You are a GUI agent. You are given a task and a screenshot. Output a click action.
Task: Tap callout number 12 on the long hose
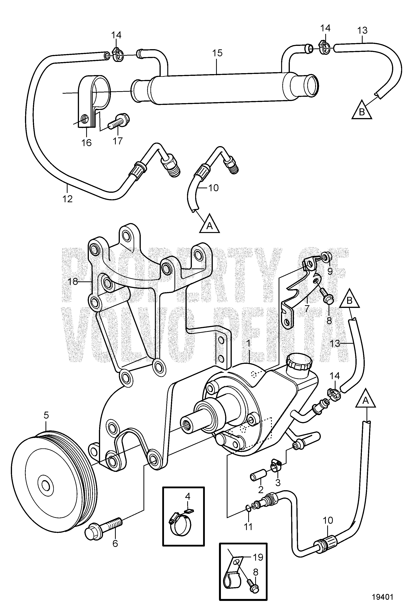pyautogui.click(x=67, y=199)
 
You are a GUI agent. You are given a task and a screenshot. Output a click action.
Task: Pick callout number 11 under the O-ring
pyautogui.click(x=248, y=526)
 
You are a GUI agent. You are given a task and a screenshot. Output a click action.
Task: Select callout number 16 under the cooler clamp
pyautogui.click(x=87, y=143)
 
